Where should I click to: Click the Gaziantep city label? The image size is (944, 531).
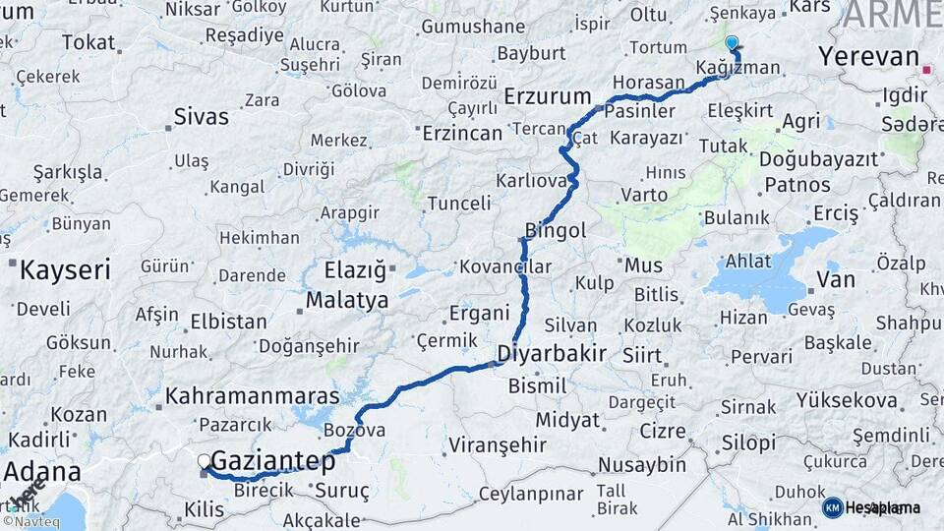click(x=273, y=460)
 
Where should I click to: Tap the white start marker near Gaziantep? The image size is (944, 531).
click(x=205, y=460)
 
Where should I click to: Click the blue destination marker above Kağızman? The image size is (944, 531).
click(x=731, y=43)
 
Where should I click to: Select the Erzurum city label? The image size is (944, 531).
click(x=547, y=96)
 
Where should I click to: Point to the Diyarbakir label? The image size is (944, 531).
click(x=552, y=352)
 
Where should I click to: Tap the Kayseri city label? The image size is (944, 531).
click(x=66, y=269)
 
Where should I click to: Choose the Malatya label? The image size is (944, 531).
click(x=346, y=300)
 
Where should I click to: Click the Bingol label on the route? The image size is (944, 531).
click(x=556, y=229)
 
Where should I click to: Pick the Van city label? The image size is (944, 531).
click(x=836, y=280)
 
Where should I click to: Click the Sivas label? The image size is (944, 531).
click(x=202, y=116)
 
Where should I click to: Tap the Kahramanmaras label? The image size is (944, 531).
click(x=253, y=396)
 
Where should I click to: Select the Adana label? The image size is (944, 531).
click(x=42, y=471)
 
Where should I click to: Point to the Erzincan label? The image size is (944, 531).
click(x=462, y=132)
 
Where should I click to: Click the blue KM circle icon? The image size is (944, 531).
click(x=833, y=507)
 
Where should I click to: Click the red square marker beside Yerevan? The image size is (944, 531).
click(x=927, y=70)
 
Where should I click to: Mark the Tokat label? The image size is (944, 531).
click(x=88, y=42)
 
